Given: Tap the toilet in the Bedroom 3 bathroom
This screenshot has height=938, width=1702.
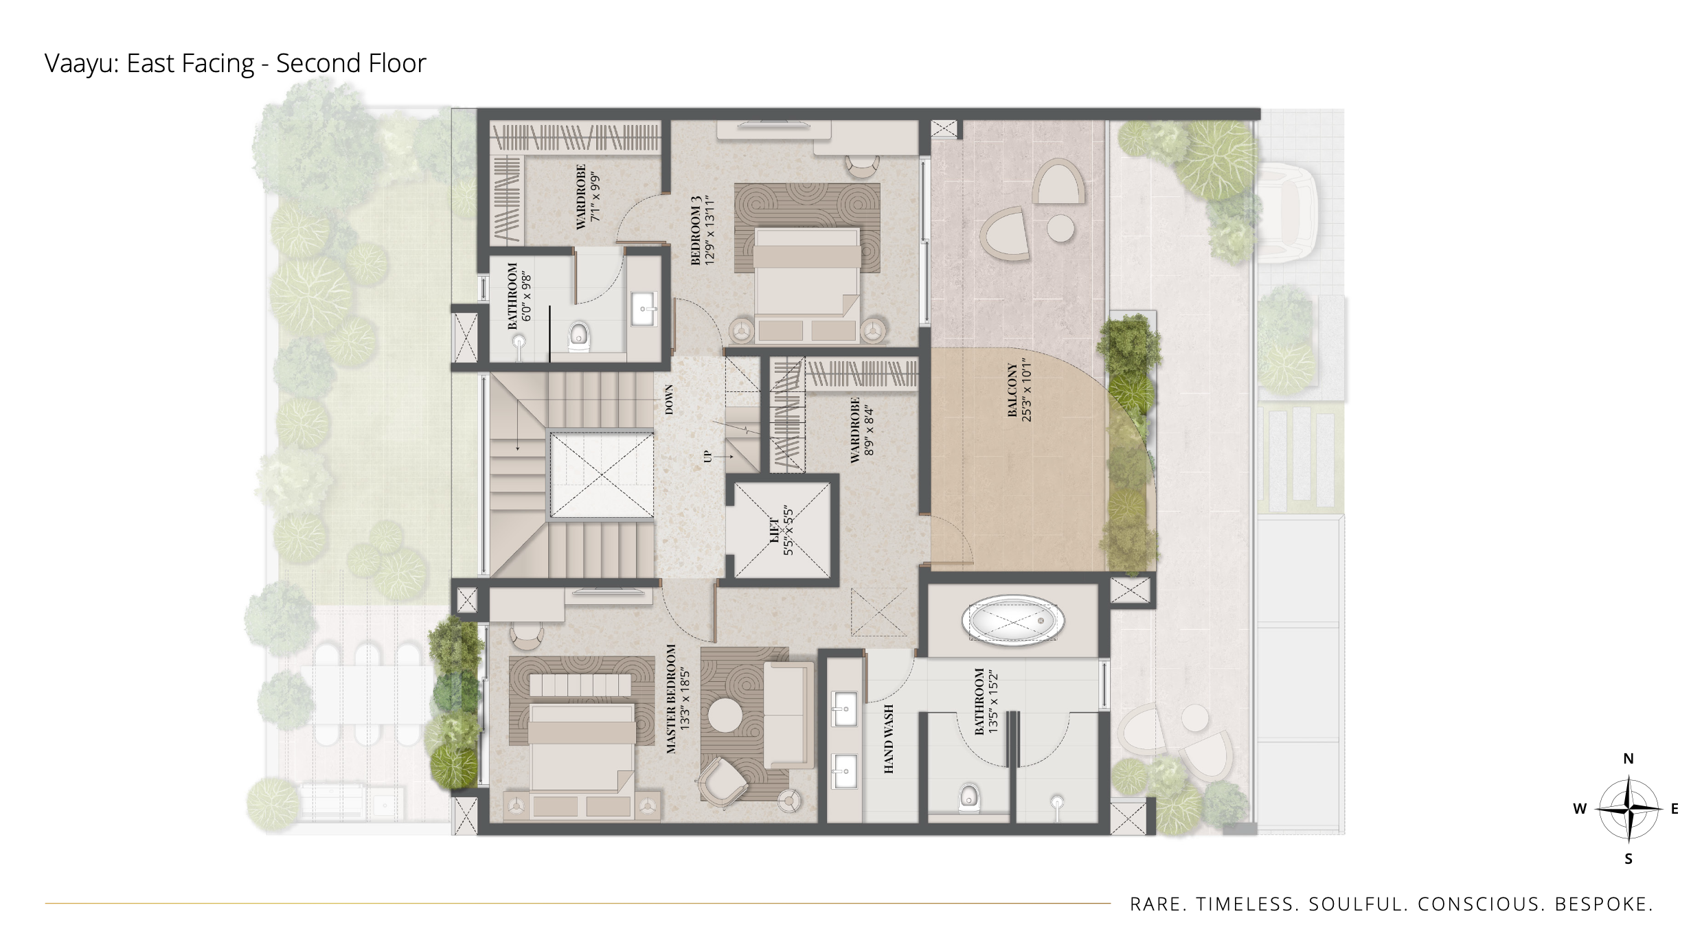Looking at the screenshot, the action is pos(580,336).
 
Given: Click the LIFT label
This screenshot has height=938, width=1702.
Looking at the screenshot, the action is pos(775,531).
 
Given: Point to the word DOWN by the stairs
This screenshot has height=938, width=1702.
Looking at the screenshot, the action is pos(669,400).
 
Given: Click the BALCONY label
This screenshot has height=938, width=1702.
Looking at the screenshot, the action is pos(1012,390).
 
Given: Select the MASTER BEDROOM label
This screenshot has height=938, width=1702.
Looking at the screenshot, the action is pos(671,699).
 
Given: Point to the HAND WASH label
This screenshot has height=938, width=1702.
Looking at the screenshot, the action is pos(889,739).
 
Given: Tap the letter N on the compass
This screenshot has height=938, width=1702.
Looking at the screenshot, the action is pos(1629,759).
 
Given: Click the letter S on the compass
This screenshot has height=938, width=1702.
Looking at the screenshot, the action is pos(1629,858).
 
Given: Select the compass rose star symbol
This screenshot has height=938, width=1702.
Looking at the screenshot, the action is pos(1629,809).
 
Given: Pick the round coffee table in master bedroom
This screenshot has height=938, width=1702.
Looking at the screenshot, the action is pos(725,716).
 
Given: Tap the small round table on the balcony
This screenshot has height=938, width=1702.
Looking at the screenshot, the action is pos(1060,229).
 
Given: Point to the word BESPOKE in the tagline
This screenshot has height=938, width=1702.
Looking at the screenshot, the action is pos(1603,904).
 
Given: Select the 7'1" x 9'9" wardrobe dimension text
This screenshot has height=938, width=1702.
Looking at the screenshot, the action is pos(595,196).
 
